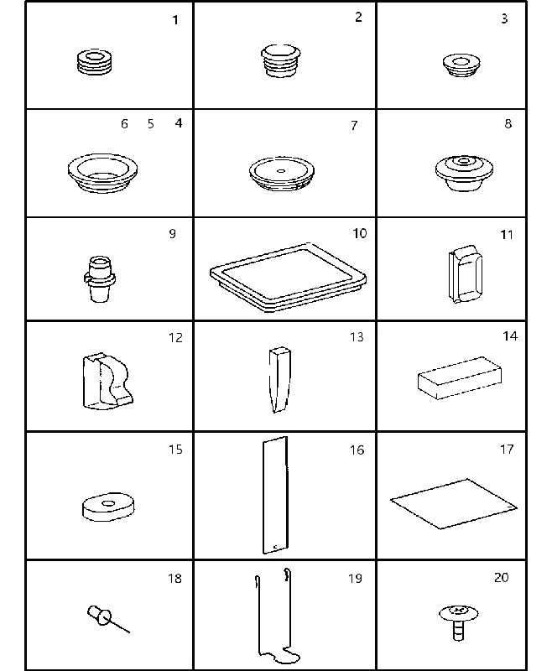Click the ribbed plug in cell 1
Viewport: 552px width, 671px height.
pyautogui.click(x=95, y=62)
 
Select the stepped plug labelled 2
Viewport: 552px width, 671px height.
pyautogui.click(x=281, y=60)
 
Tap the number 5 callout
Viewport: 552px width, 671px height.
pyautogui.click(x=150, y=123)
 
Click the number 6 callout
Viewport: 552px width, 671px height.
pyautogui.click(x=124, y=123)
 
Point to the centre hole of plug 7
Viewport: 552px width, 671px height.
pyautogui.click(x=281, y=171)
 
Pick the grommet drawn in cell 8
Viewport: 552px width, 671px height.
pyautogui.click(x=464, y=174)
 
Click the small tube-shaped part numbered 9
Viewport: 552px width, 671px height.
pyautogui.click(x=100, y=279)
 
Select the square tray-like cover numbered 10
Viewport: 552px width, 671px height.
pyautogui.click(x=288, y=278)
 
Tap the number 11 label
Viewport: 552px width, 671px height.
pyautogui.click(x=507, y=235)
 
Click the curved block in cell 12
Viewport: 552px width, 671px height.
pyautogui.click(x=107, y=382)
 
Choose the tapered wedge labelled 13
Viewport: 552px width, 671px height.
pyautogui.click(x=279, y=380)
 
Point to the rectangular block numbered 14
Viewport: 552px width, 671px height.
pyautogui.click(x=460, y=378)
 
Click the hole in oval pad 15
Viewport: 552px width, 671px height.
pyautogui.click(x=108, y=503)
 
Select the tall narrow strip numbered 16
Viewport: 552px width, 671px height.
pyautogui.click(x=275, y=495)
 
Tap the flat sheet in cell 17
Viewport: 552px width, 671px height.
pyautogui.click(x=454, y=504)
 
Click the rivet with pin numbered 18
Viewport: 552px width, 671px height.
pyautogui.click(x=108, y=618)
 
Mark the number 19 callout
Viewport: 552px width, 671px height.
pyautogui.click(x=355, y=578)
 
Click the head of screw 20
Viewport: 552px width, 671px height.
pyautogui.click(x=459, y=613)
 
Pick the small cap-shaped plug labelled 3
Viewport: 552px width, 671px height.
pyautogui.click(x=461, y=65)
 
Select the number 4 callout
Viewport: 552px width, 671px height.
pyautogui.click(x=179, y=123)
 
